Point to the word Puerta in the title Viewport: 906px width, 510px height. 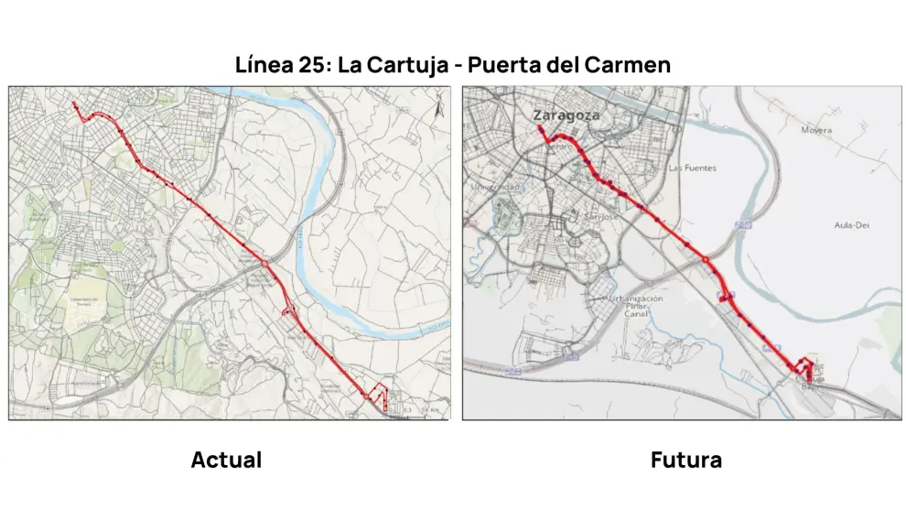[x=506, y=66]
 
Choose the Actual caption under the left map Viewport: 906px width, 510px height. [x=226, y=460]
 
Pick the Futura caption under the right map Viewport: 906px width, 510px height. [x=685, y=460]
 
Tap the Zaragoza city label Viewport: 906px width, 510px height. [x=566, y=115]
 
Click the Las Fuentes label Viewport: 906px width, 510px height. [x=692, y=168]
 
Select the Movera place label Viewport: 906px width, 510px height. [x=816, y=131]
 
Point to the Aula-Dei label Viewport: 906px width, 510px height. [x=851, y=225]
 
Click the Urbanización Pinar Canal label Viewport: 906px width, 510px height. [x=637, y=307]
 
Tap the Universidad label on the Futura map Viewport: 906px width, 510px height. [x=494, y=187]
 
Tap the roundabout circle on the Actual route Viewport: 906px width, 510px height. [x=264, y=264]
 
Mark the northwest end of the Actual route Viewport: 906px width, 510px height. [x=74, y=104]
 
